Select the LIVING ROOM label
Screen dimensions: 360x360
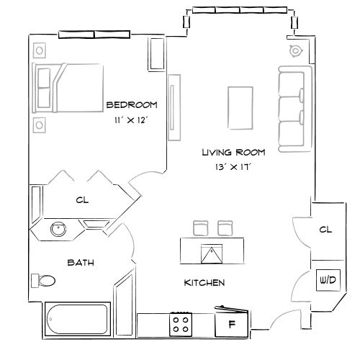click(233, 153)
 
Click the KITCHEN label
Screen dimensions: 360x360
click(204, 283)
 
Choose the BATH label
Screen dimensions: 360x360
click(81, 263)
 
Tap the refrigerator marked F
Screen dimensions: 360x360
click(232, 323)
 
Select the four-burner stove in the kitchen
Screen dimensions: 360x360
click(181, 323)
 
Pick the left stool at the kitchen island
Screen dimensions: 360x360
click(201, 228)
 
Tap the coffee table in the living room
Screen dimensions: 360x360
click(239, 105)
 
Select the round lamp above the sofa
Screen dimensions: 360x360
click(294, 51)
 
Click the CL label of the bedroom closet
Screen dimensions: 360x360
click(82, 201)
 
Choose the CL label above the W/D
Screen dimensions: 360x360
click(325, 230)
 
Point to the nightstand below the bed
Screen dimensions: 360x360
click(39, 123)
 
